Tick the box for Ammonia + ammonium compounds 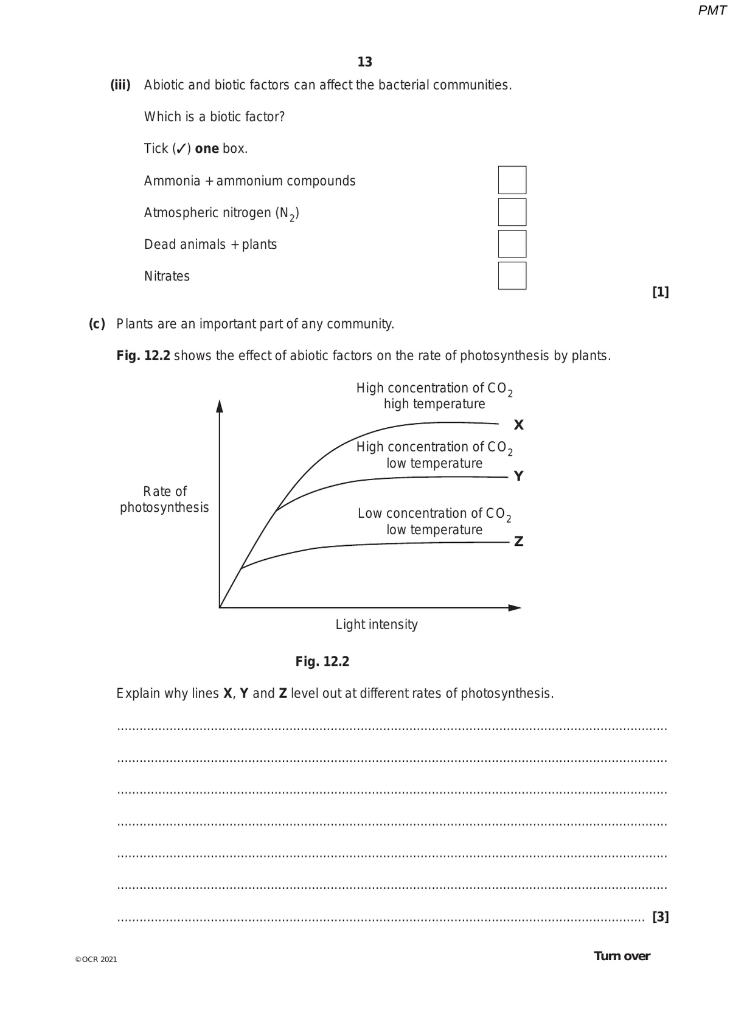pyautogui.click(x=512, y=180)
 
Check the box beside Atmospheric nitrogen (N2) pyautogui.click(x=512, y=212)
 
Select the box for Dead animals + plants pyautogui.click(x=512, y=244)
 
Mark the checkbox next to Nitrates pyautogui.click(x=512, y=276)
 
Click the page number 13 pyautogui.click(x=364, y=62)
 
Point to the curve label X pyautogui.click(x=518, y=425)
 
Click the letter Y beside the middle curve pyautogui.click(x=518, y=476)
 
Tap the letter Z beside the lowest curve pyautogui.click(x=518, y=542)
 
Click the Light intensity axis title pyautogui.click(x=377, y=624)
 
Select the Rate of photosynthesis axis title pyautogui.click(x=164, y=499)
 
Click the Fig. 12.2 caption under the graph pyautogui.click(x=322, y=661)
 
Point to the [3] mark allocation pyautogui.click(x=660, y=916)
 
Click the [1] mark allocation pyautogui.click(x=660, y=292)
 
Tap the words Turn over pyautogui.click(x=622, y=956)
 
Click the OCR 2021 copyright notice pyautogui.click(x=96, y=960)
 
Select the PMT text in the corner pyautogui.click(x=712, y=10)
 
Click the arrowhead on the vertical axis pyautogui.click(x=220, y=406)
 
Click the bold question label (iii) pyautogui.click(x=120, y=85)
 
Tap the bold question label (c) pyautogui.click(x=97, y=324)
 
